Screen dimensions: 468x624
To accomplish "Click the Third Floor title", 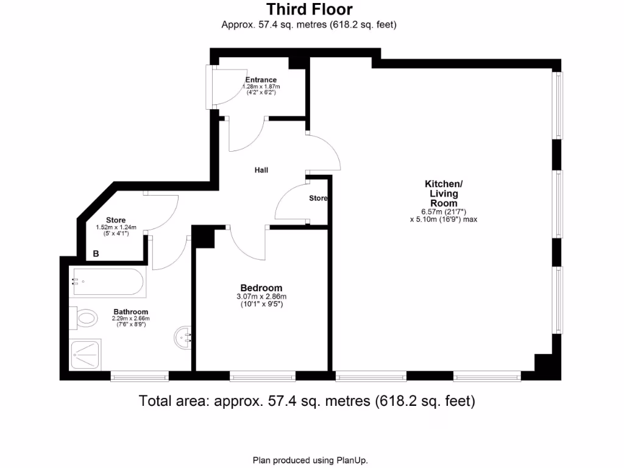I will (x=309, y=10).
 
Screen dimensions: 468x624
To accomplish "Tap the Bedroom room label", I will (x=261, y=288).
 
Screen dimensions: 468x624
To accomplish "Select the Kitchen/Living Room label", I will (x=444, y=193).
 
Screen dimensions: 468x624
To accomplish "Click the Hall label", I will (x=261, y=171).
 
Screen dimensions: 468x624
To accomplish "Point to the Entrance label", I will (x=261, y=80).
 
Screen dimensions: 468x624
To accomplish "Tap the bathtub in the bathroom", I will (x=108, y=282).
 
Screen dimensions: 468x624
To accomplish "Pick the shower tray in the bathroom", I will (x=88, y=355).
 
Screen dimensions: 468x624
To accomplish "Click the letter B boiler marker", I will (x=96, y=253).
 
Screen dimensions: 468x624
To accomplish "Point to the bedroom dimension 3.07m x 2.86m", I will (x=261, y=297).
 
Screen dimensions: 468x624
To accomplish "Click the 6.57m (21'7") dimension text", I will (x=444, y=211).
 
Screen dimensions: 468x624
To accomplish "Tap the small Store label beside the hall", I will (x=318, y=199).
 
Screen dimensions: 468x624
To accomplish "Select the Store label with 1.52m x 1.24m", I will (x=116, y=221).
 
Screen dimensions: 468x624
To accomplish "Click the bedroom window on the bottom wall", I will (x=263, y=376).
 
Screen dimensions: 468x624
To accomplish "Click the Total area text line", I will (x=307, y=401).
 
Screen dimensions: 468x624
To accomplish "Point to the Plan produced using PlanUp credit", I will (x=310, y=460).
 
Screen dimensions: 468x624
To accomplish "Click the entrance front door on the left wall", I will (x=211, y=87).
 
